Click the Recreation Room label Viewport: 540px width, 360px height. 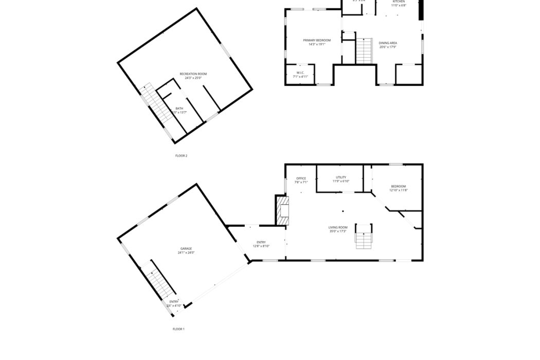[193, 74]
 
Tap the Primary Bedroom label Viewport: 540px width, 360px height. [316, 40]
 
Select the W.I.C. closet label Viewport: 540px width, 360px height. [300, 73]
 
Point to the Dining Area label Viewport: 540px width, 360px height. [388, 43]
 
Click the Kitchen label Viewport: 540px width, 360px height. [399, 2]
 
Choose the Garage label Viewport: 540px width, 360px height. [186, 248]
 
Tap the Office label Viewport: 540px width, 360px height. [301, 178]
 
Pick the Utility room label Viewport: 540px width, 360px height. [341, 177]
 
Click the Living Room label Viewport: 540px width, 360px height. [338, 227]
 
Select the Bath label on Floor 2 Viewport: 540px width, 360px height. [179, 109]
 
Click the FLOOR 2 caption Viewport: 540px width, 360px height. [181, 155]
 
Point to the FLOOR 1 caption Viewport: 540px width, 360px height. [178, 329]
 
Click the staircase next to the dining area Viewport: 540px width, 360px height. [364, 51]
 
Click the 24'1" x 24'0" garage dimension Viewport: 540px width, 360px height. [186, 253]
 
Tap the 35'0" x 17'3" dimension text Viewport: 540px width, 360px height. [338, 231]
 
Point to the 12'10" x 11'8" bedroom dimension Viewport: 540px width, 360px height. [399, 190]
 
